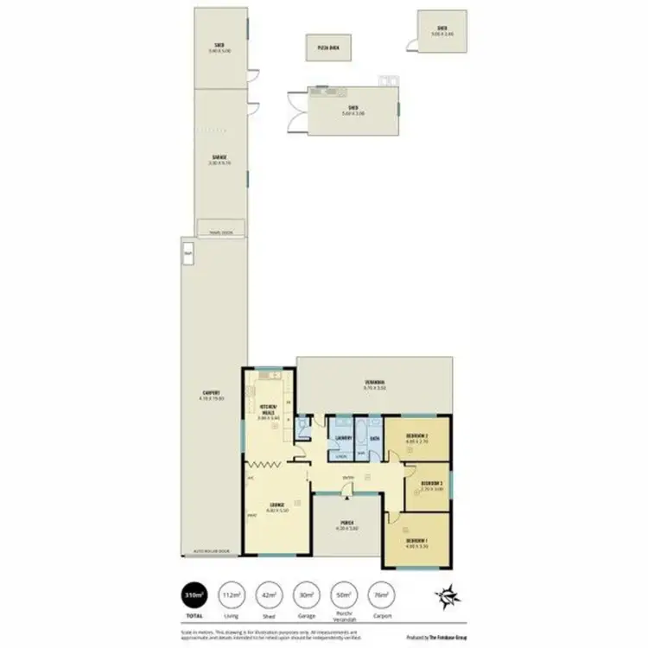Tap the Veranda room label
[x=374, y=383]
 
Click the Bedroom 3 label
[x=432, y=484]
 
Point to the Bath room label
[x=374, y=438]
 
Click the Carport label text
[x=212, y=394]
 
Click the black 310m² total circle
[x=195, y=595]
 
